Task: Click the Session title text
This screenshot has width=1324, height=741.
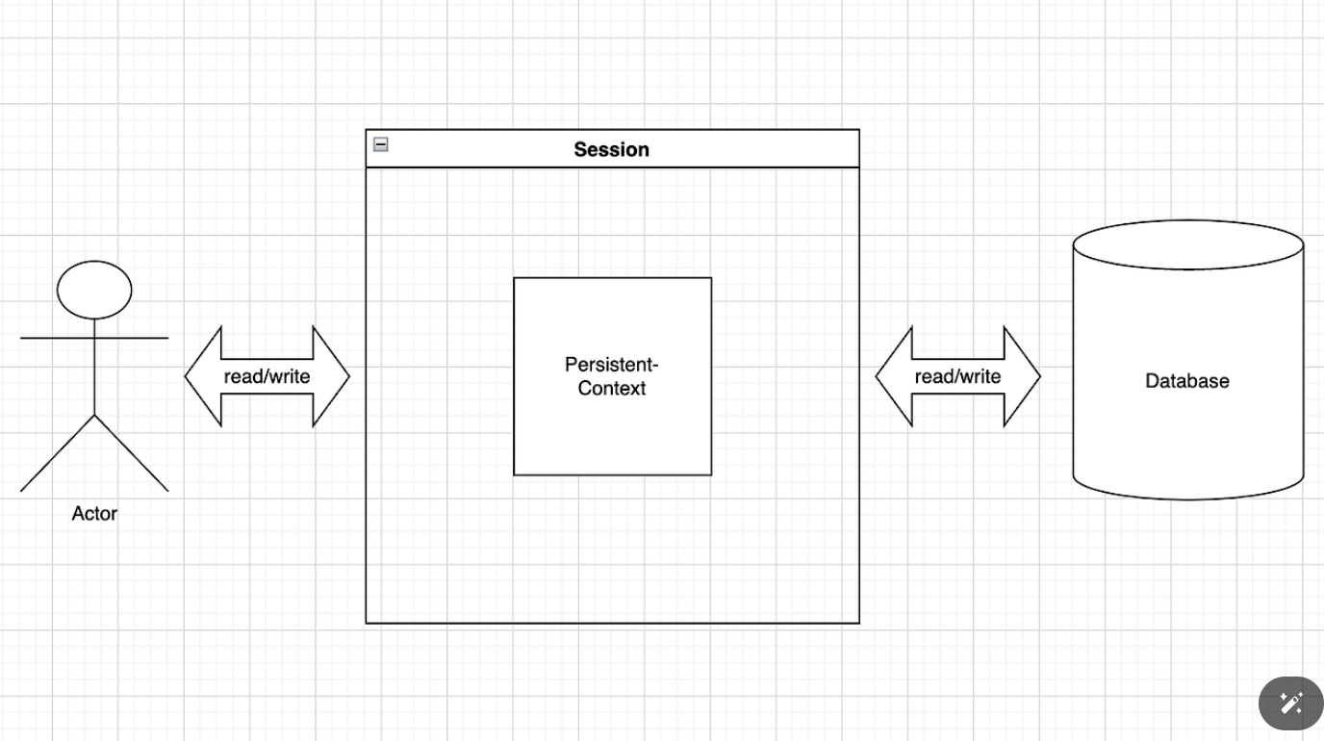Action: pos(611,149)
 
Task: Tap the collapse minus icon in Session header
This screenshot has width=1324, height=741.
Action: pos(381,144)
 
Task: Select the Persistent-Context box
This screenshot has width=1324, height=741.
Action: pos(612,376)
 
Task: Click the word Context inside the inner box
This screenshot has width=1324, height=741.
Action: pos(612,389)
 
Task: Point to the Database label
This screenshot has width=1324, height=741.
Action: pos(1186,381)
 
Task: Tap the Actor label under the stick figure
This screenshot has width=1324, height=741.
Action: pos(94,513)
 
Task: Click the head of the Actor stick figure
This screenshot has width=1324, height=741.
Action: pos(94,290)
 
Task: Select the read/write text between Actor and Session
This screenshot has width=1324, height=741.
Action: pos(267,376)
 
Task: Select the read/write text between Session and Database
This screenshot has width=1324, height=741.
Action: pos(957,376)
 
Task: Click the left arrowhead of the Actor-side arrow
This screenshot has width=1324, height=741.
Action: pos(203,376)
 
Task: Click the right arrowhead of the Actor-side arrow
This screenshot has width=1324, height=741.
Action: pos(331,376)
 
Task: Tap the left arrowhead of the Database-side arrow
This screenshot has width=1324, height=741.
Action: pos(894,376)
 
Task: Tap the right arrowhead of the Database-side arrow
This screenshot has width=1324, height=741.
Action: pos(1022,376)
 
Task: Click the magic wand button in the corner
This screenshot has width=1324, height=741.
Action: pos(1291,703)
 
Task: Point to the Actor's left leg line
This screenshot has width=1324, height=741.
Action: pos(58,453)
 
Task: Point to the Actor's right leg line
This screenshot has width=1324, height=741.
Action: pos(131,453)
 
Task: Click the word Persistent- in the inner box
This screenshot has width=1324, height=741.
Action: pos(612,365)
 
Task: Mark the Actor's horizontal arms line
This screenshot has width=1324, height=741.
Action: pos(94,339)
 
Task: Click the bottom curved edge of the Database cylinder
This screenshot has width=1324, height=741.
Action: pos(1188,499)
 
